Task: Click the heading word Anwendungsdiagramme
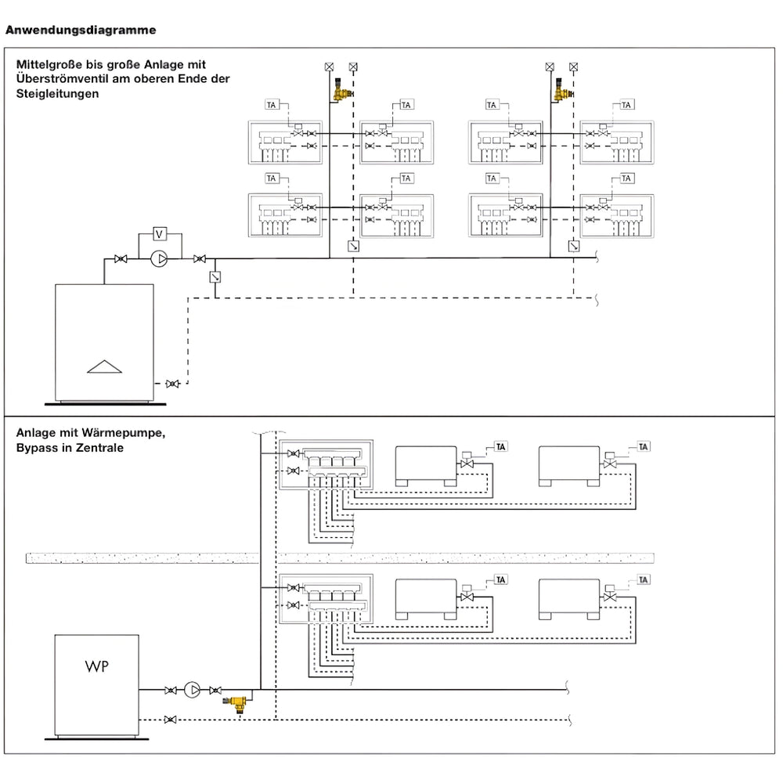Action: [x=81, y=31]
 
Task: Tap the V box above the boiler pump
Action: [x=159, y=233]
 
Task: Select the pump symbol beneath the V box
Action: [x=160, y=258]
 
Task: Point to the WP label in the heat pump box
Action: [x=96, y=667]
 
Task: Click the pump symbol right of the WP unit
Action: [x=193, y=690]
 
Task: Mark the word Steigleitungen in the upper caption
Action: [x=56, y=93]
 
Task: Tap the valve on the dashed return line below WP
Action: [x=171, y=719]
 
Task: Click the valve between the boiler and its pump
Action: [x=121, y=258]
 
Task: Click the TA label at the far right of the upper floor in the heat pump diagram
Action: [x=644, y=446]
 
